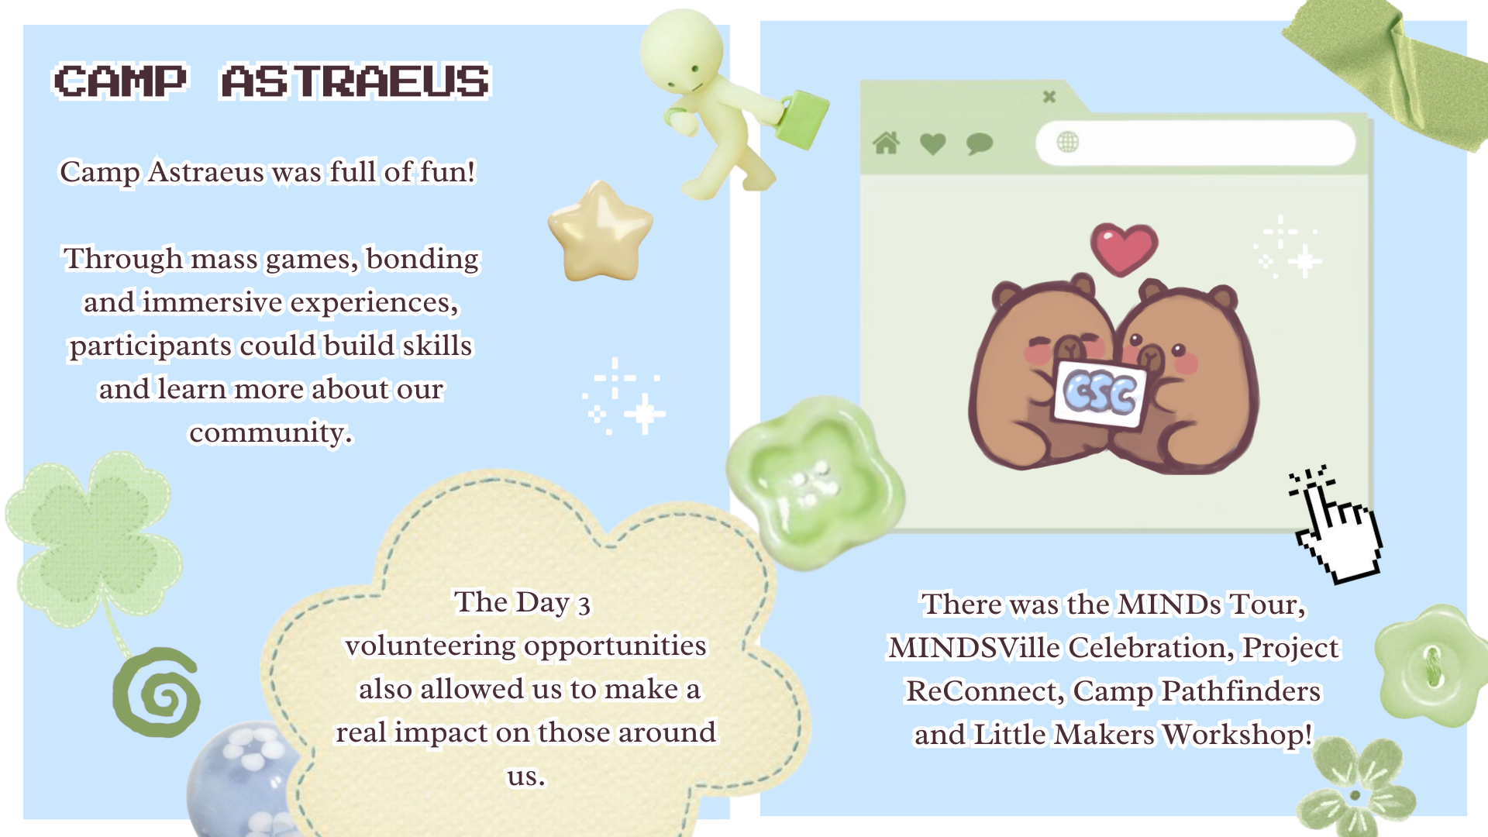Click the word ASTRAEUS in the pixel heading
tap(356, 81)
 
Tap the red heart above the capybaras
tap(1124, 249)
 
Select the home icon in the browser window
tap(886, 143)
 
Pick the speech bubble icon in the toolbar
tap(980, 143)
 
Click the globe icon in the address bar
tap(1067, 142)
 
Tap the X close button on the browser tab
tap(1049, 97)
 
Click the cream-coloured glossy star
tap(600, 231)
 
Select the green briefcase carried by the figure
tap(802, 119)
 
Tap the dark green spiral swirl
tap(157, 692)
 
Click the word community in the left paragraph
tap(270, 432)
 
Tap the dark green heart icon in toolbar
tap(933, 143)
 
